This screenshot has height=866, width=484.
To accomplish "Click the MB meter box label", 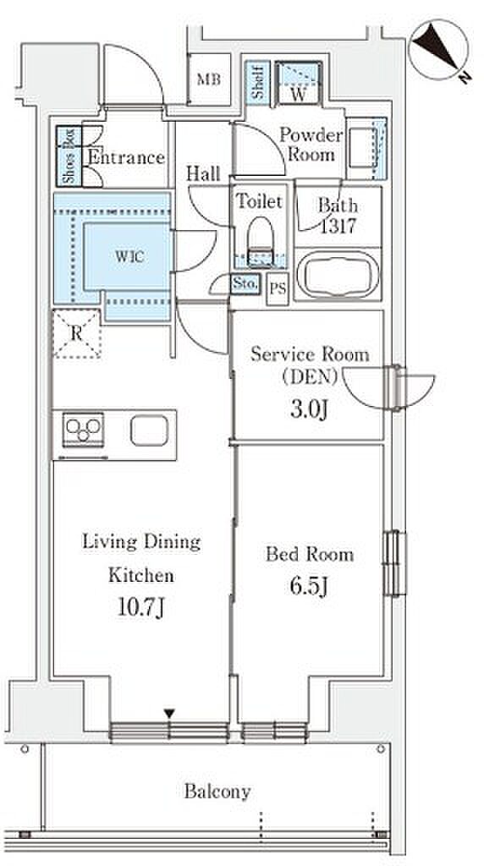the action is (x=209, y=79).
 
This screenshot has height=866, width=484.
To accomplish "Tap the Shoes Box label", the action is (x=69, y=156).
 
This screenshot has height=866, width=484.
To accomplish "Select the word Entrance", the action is (x=127, y=158).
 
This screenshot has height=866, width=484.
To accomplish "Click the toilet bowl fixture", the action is (x=260, y=241).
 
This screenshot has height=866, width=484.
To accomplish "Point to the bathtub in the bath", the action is (x=338, y=275).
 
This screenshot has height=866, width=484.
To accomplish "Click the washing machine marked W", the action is (x=299, y=83).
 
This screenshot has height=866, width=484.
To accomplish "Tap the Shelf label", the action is (x=257, y=83).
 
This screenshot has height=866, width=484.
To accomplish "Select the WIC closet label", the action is (x=129, y=256).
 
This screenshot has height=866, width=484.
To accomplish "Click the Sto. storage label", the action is (x=245, y=284).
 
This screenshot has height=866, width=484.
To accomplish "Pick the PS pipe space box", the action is (x=278, y=288).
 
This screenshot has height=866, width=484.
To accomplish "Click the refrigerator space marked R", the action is (x=77, y=333).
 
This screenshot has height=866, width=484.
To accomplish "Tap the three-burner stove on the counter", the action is (x=84, y=429).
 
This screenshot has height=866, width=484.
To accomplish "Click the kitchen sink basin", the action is (x=149, y=430).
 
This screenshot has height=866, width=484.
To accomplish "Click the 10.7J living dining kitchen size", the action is (x=140, y=608).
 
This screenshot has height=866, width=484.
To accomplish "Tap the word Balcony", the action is (x=217, y=792).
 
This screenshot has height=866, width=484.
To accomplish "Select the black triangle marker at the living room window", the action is (x=169, y=715).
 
